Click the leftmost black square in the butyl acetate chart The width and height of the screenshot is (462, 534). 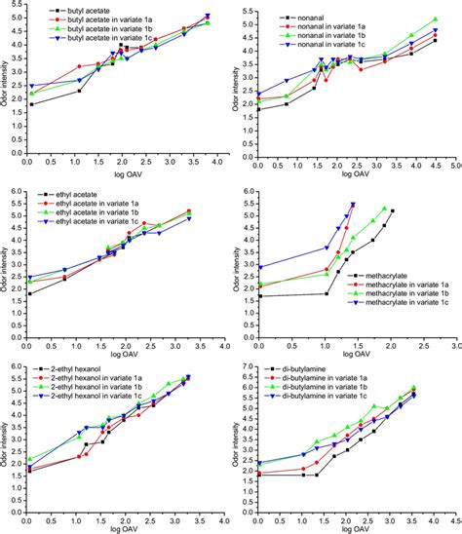click(31, 104)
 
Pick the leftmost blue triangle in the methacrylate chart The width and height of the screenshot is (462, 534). click(260, 267)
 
